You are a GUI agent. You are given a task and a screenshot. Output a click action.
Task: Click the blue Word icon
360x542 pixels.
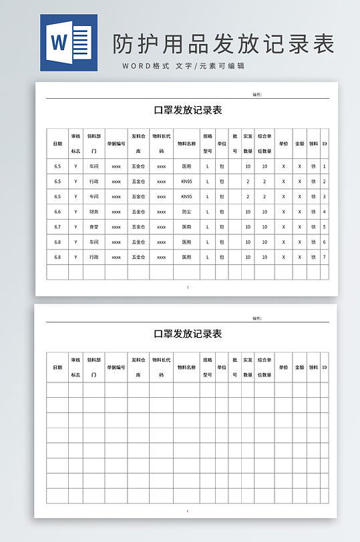[x=68, y=43]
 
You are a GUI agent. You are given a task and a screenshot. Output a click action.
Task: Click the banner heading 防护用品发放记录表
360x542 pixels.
[x=223, y=44]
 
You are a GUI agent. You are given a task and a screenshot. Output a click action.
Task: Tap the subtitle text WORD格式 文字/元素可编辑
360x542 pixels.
[x=183, y=66]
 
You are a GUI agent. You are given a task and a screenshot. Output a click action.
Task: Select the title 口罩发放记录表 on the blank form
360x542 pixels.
[x=188, y=334]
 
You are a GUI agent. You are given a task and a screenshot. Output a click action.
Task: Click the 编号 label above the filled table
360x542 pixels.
[x=257, y=95]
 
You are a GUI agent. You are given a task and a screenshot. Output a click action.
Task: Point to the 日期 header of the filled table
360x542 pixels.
[x=57, y=144]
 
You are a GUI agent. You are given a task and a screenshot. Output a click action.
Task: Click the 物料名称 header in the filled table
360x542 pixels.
[x=186, y=144]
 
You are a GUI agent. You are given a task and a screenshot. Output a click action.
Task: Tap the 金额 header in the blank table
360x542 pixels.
[x=299, y=367]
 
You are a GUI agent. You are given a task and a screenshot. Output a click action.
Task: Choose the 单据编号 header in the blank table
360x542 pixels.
[x=116, y=367]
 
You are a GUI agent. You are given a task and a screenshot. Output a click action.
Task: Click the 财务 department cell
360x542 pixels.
[x=94, y=212]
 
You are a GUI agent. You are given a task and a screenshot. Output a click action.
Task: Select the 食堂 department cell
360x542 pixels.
[x=94, y=227]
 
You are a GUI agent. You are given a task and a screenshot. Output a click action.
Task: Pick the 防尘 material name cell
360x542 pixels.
[x=186, y=212]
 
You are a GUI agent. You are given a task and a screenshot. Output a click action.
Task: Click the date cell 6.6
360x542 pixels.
[x=57, y=212]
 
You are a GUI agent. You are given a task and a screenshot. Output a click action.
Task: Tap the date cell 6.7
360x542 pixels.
[x=57, y=227]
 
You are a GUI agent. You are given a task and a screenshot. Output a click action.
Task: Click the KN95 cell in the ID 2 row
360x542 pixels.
[x=186, y=182]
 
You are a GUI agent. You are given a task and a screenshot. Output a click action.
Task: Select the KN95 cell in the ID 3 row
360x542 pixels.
[x=186, y=197]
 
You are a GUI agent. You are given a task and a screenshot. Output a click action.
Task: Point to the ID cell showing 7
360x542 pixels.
[x=325, y=257]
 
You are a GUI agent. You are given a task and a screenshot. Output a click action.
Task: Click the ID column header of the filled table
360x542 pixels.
[x=325, y=144]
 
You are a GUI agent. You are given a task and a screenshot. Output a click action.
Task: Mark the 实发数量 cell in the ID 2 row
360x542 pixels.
[x=248, y=182]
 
